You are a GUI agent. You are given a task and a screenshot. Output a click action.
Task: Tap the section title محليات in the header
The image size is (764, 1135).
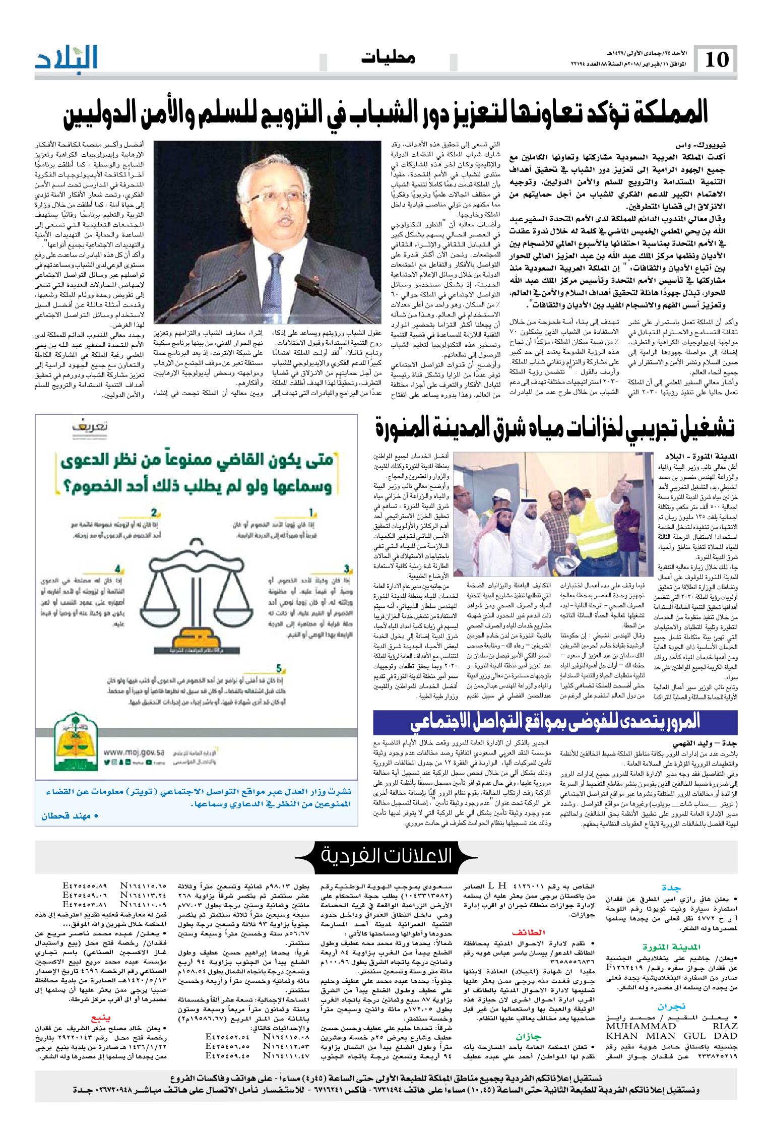coord(389,58)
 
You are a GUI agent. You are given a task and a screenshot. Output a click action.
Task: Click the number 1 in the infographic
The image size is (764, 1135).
coord(311,513)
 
